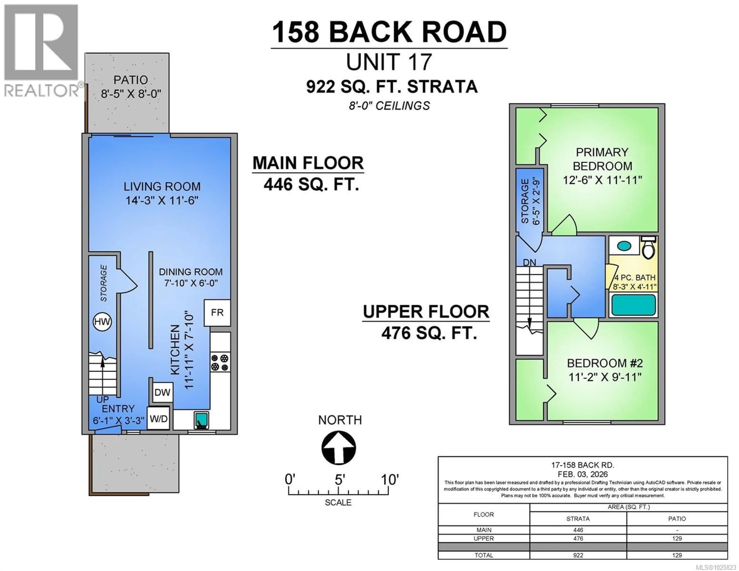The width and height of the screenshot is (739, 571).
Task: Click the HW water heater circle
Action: tap(102, 322)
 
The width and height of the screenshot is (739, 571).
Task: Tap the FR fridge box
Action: tap(217, 312)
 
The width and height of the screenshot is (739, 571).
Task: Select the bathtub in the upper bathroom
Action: tap(633, 305)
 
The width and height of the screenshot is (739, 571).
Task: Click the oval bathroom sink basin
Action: tap(624, 246)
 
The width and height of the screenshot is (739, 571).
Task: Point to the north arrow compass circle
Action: tap(338, 448)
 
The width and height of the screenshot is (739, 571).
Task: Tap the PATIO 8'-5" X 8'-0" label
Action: tap(131, 87)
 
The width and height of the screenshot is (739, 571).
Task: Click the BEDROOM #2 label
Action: tap(605, 363)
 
